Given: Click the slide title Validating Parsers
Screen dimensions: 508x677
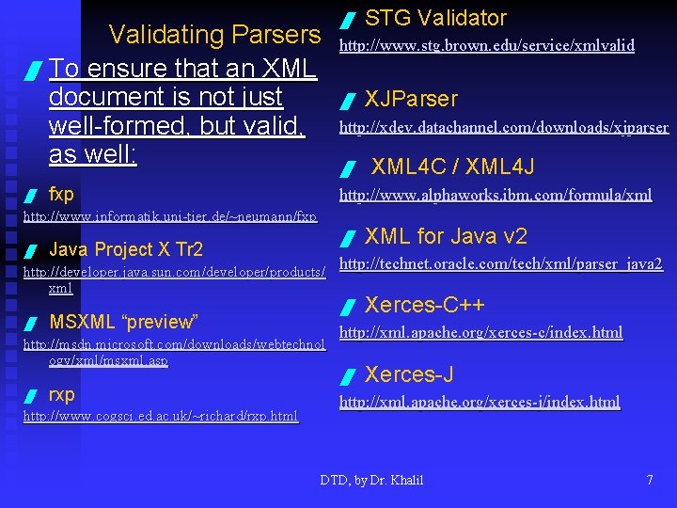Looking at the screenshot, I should click(x=214, y=35).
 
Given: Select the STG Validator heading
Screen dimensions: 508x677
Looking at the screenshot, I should click(x=435, y=18).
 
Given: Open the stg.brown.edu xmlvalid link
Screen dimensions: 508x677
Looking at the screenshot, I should click(x=486, y=45).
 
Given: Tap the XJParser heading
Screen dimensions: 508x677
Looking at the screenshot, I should click(x=411, y=99).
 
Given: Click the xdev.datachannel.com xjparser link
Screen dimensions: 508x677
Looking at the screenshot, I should click(x=503, y=127).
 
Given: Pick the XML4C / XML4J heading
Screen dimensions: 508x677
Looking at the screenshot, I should click(x=452, y=167).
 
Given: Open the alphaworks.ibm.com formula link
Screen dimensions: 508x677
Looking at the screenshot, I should click(x=495, y=195).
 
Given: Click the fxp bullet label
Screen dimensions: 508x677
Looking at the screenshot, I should click(x=61, y=195).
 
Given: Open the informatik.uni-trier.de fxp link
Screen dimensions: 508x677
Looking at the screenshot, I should click(x=169, y=216).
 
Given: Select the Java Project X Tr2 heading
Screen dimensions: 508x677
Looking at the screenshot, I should click(x=125, y=249).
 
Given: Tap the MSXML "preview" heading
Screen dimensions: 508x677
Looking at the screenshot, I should click(x=123, y=322).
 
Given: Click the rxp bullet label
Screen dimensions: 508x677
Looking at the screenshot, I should click(x=62, y=394).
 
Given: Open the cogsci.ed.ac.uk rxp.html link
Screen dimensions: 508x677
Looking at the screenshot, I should click(x=160, y=415).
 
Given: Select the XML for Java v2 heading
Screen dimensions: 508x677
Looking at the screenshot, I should click(x=446, y=236).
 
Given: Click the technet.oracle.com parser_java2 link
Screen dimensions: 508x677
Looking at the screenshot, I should click(x=500, y=264).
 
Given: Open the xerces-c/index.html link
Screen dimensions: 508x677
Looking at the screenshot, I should click(x=480, y=332).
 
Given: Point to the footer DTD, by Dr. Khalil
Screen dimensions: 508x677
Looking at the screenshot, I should click(x=371, y=480).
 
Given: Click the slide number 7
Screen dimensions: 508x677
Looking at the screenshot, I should click(x=649, y=480).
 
